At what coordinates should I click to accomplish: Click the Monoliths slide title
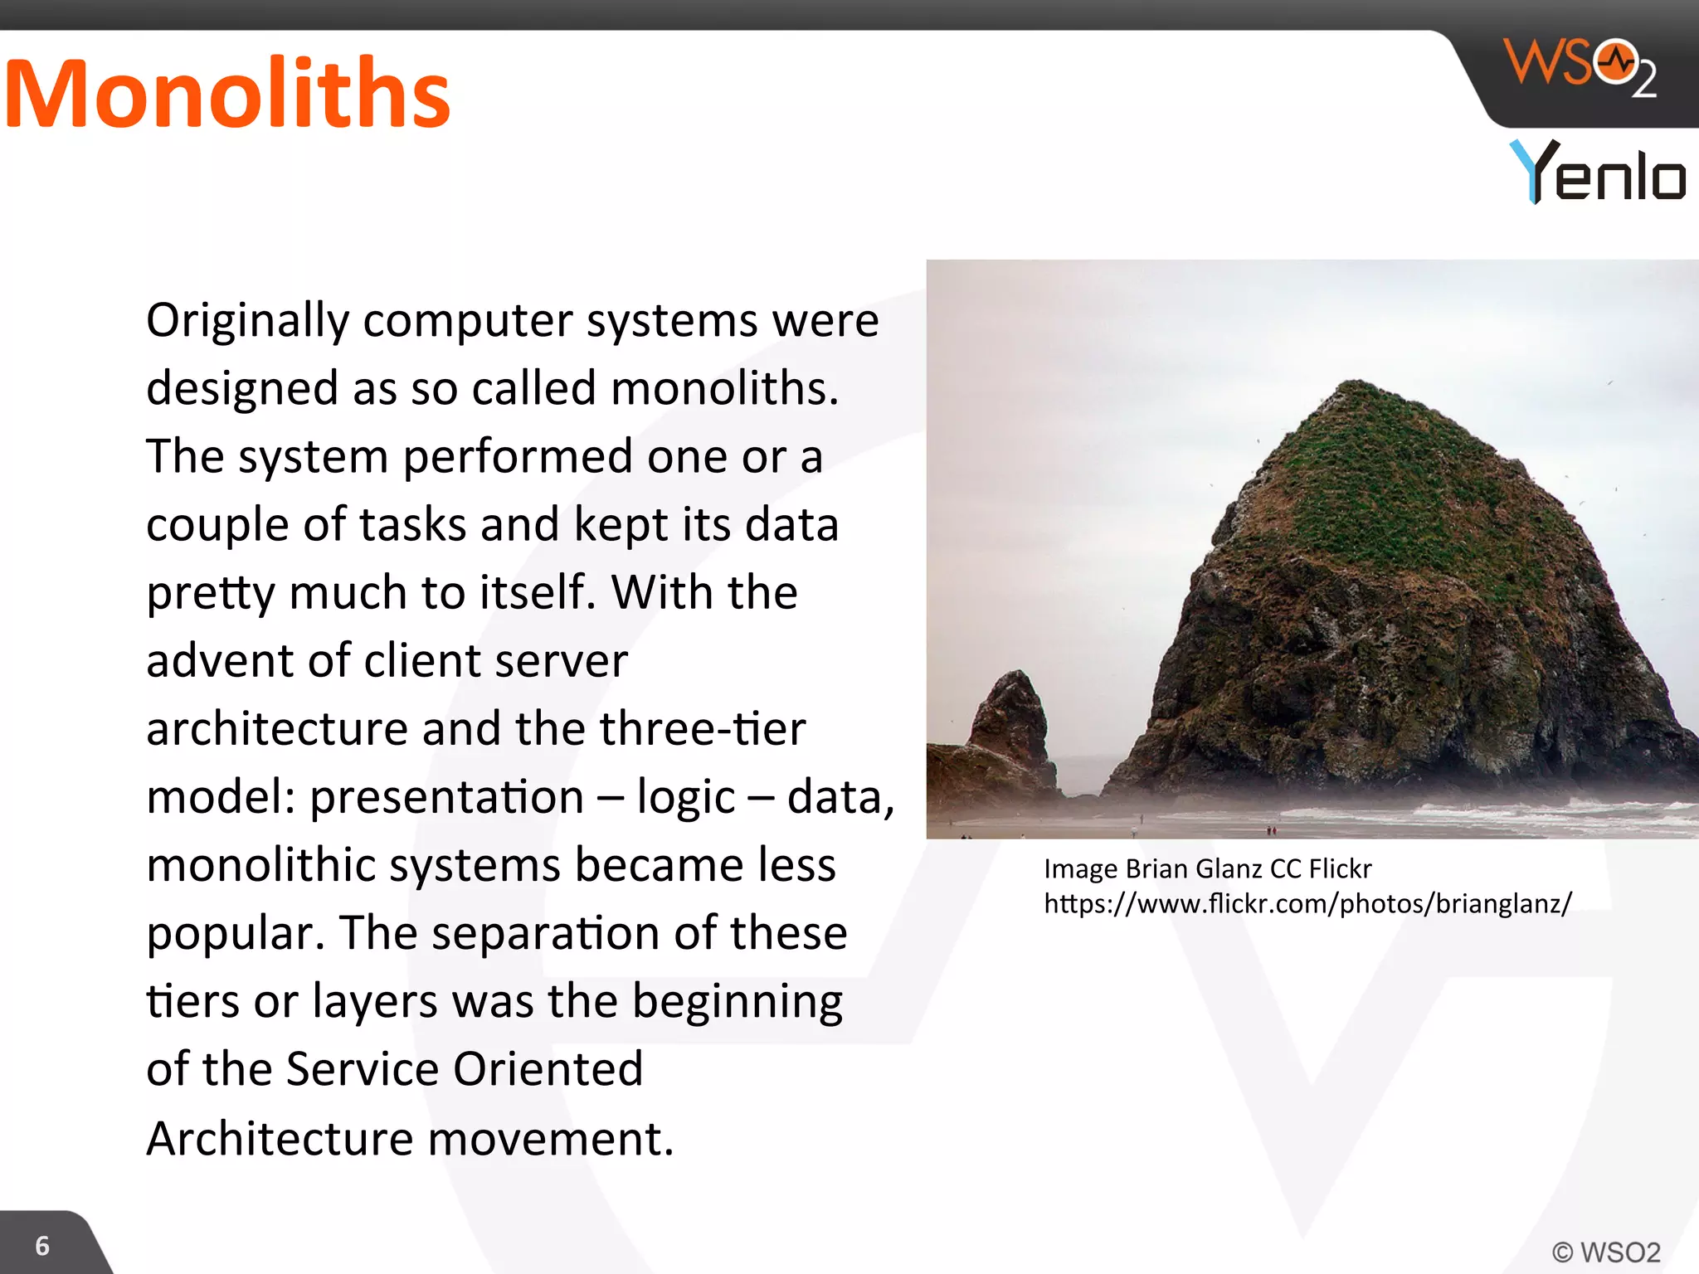[x=226, y=94]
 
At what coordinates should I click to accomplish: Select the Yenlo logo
[x=1598, y=173]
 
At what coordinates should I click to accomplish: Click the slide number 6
[x=42, y=1246]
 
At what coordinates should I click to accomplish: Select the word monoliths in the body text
[x=724, y=388]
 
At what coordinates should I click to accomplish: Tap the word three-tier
[x=703, y=728]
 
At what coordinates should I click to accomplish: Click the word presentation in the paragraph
[x=447, y=797]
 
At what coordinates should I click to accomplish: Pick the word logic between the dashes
[x=685, y=798]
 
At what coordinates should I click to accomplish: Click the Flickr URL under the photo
[x=1307, y=903]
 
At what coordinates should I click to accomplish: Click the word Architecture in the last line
[x=280, y=1138]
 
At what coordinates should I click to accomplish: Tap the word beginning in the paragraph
[x=738, y=1002]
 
